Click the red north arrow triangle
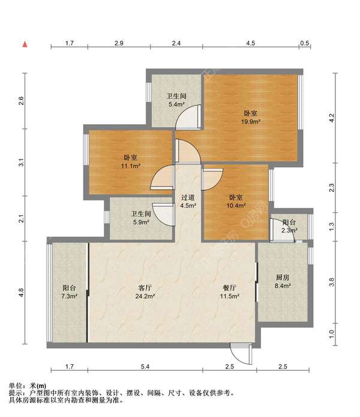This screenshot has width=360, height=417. [25, 44]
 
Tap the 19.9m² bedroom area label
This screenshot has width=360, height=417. [250, 117]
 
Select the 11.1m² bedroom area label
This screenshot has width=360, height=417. [131, 161]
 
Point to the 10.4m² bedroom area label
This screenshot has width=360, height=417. [236, 202]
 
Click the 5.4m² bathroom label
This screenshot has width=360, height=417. [176, 100]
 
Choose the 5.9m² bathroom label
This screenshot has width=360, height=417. [141, 218]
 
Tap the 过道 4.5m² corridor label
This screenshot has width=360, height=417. [188, 202]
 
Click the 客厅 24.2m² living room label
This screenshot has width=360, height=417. [145, 292]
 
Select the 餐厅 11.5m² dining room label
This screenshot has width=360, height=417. [230, 292]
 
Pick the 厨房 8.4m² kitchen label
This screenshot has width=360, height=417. [283, 281]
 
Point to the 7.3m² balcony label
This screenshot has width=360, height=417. [69, 292]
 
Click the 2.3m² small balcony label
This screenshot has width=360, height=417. [289, 226]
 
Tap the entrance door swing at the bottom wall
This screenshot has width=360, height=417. [241, 355]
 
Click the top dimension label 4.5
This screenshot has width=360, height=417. [250, 43]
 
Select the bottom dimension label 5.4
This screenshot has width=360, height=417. [145, 367]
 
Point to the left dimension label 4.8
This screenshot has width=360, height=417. [21, 293]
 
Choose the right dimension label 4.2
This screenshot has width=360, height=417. [331, 118]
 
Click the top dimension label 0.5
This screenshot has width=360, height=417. [304, 43]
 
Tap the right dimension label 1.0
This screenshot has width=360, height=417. [331, 334]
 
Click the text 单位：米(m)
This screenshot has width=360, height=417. [28, 386]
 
